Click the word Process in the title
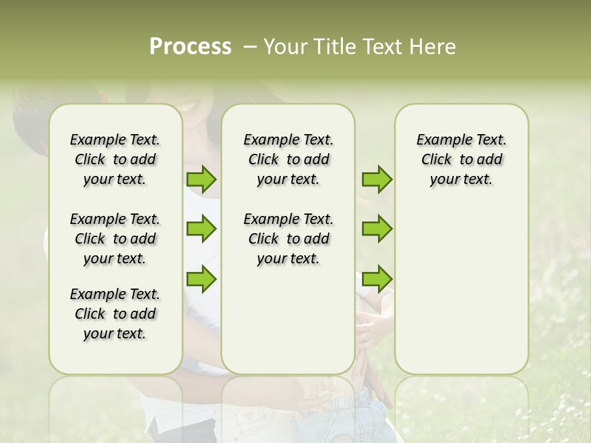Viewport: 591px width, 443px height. (x=190, y=47)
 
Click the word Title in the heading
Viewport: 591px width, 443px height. (x=333, y=47)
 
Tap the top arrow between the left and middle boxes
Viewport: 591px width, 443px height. (x=201, y=180)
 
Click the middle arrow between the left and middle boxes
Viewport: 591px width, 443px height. (x=201, y=229)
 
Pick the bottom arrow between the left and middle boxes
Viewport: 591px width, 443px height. (x=201, y=278)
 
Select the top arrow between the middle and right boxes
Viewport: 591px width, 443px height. (x=377, y=180)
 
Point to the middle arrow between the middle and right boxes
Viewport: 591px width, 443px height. (x=377, y=229)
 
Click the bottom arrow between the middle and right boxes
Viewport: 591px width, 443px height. (x=377, y=278)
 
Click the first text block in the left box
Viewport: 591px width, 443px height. (x=115, y=159)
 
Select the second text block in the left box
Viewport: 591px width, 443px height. (x=115, y=239)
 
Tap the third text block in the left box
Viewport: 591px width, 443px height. (x=115, y=314)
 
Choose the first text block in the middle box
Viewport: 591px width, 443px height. (x=288, y=159)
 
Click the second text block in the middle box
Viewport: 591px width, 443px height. (x=288, y=239)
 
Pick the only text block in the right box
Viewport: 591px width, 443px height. (x=461, y=159)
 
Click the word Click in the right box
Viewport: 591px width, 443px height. (x=436, y=159)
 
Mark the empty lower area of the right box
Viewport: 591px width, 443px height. (x=461, y=289)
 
